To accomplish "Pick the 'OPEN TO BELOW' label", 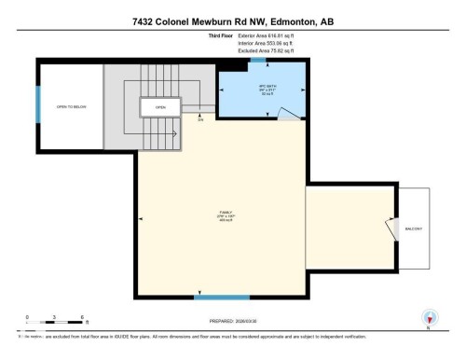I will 70,106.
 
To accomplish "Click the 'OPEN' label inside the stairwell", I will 160,106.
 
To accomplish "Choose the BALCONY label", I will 414,228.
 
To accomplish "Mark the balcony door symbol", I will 389,227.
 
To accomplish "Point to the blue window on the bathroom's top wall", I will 258,61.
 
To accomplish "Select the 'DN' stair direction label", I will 199,119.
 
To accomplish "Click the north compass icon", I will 428,317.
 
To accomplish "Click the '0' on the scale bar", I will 27,319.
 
